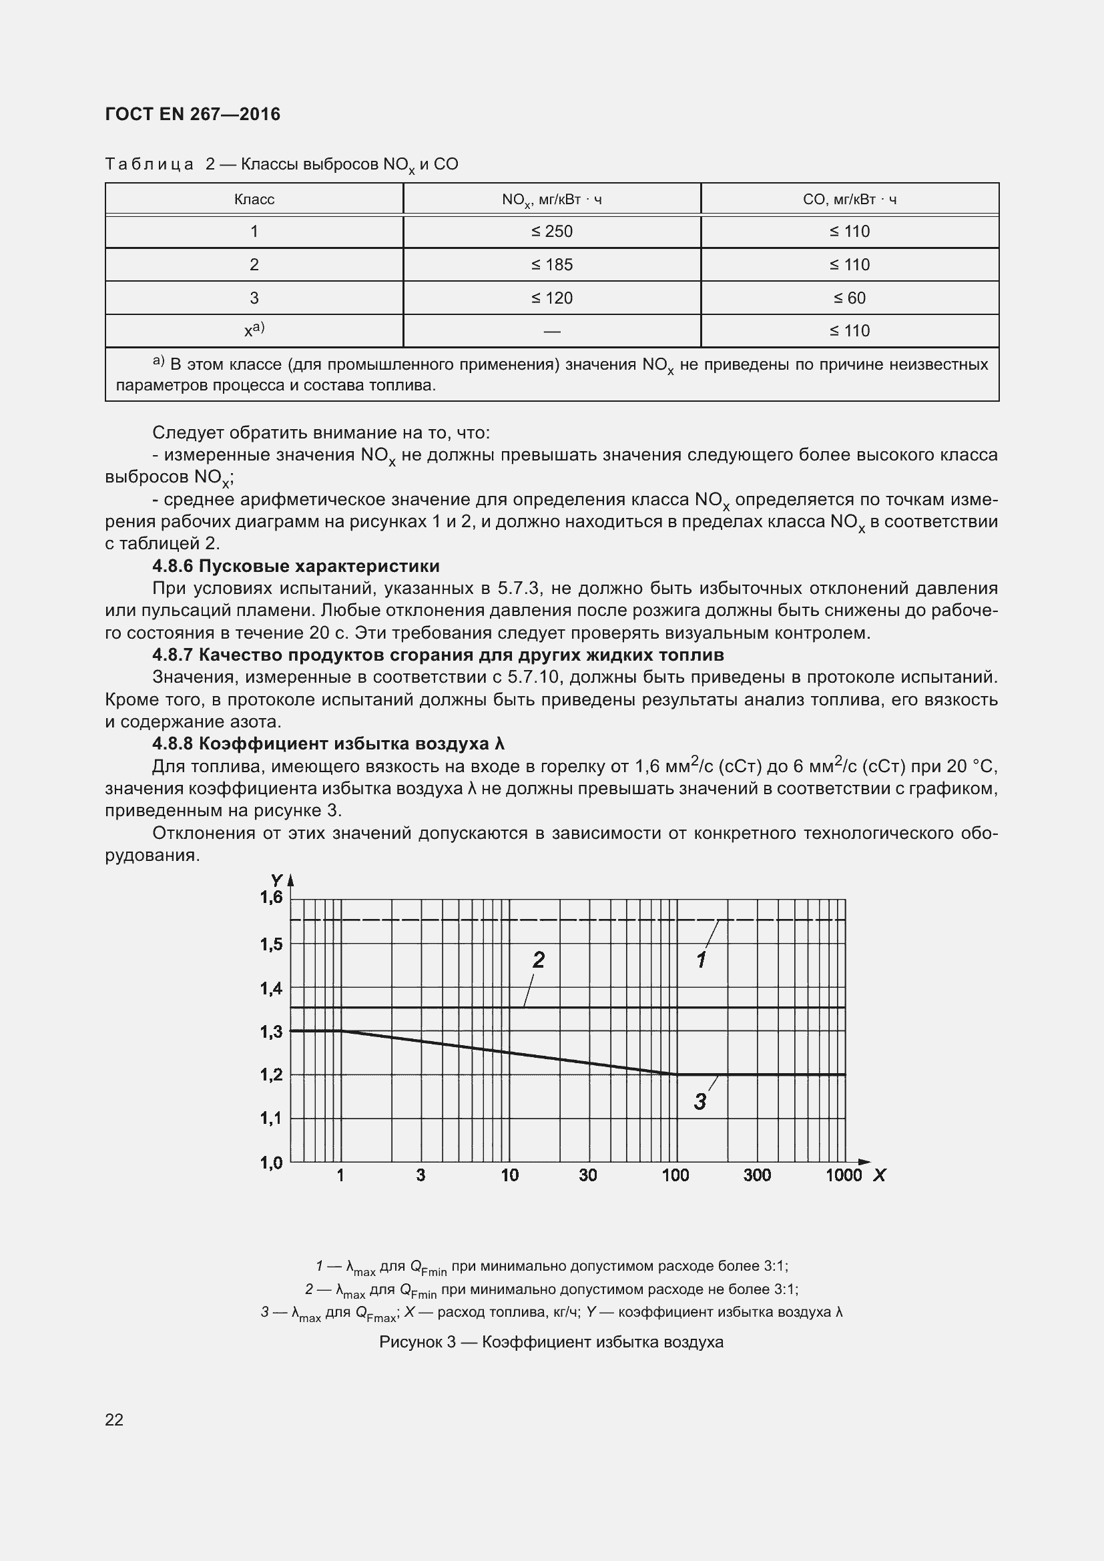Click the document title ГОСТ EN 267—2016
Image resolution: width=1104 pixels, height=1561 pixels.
click(192, 114)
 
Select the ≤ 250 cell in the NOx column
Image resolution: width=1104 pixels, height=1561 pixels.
click(551, 232)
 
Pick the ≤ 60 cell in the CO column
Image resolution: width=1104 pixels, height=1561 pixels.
click(849, 298)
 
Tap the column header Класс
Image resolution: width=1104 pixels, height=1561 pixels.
click(254, 199)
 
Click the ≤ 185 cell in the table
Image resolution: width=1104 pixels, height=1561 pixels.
click(551, 264)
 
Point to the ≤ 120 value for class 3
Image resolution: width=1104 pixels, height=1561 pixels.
click(551, 298)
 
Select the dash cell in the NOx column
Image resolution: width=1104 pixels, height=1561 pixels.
click(551, 332)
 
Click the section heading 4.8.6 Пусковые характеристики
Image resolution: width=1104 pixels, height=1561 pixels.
click(296, 566)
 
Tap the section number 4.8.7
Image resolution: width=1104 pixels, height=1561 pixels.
click(173, 655)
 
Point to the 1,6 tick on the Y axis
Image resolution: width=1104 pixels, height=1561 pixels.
click(270, 898)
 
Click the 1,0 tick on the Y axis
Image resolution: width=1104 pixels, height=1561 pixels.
click(270, 1163)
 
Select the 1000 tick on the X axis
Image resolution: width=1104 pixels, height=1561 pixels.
click(843, 1175)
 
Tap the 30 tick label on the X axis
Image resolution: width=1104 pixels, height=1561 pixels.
click(587, 1175)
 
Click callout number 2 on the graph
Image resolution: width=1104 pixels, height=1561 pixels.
click(538, 960)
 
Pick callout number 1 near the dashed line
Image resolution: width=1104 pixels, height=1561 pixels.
click(701, 960)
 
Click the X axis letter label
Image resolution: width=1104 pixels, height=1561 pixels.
click(879, 1175)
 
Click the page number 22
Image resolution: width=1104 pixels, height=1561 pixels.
click(114, 1420)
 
